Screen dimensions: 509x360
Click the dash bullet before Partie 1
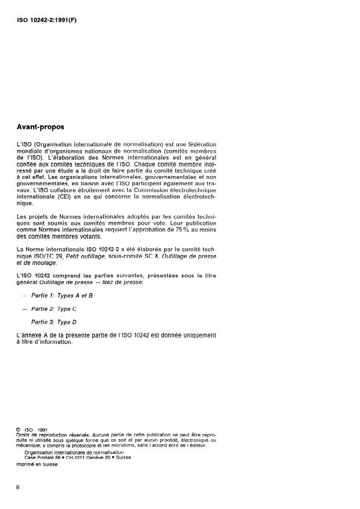[x=24, y=295]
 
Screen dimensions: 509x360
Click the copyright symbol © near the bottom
[x=19, y=430]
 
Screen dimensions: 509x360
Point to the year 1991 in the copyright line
[x=41, y=430]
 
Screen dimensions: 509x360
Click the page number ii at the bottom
[x=18, y=486]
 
